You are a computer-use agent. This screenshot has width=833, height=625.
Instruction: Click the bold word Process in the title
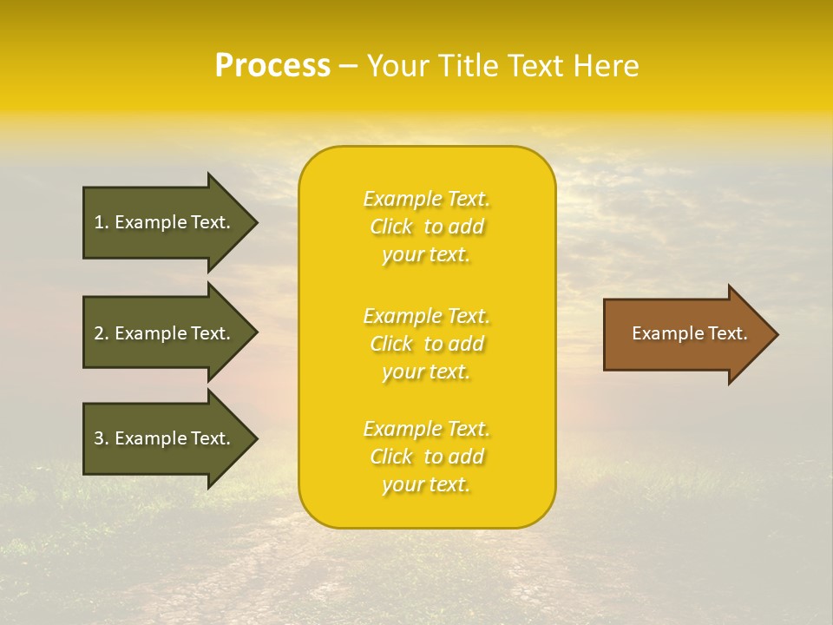click(272, 66)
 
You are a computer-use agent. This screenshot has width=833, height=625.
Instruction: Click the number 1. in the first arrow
click(101, 222)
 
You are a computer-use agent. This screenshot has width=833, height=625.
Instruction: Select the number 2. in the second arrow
click(101, 333)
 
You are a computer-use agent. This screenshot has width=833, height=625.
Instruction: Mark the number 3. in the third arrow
click(101, 438)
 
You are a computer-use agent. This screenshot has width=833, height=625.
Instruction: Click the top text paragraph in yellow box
click(426, 227)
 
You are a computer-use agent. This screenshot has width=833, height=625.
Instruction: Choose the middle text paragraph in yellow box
click(426, 344)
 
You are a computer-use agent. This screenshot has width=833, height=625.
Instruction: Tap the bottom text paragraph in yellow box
click(426, 457)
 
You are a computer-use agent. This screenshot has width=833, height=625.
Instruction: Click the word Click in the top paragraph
click(391, 227)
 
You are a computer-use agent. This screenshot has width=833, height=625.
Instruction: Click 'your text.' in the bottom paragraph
click(426, 485)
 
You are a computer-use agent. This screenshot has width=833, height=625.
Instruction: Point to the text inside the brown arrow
click(690, 333)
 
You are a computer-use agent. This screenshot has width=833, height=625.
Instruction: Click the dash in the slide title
click(349, 67)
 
